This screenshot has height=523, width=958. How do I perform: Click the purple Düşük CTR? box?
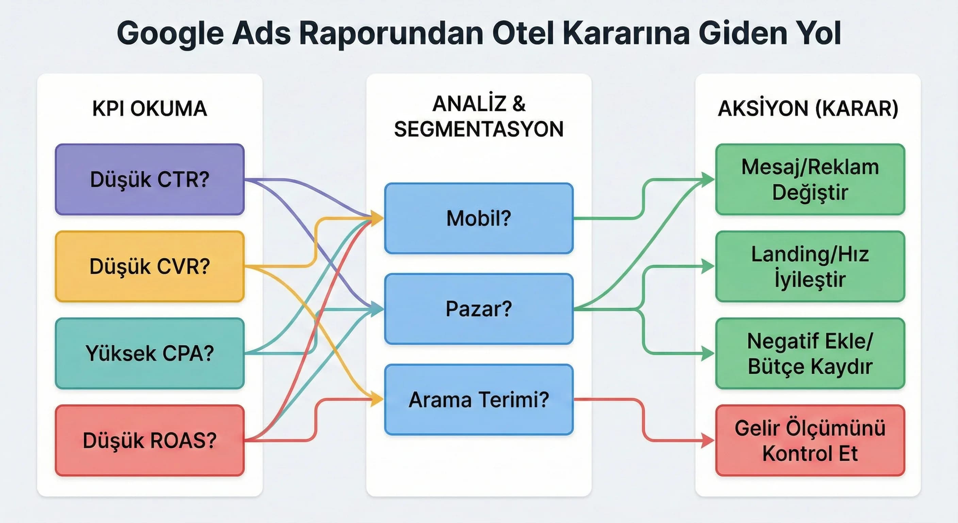[149, 179]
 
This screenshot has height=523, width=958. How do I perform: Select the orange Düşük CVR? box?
[149, 267]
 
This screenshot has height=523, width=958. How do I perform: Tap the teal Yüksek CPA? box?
[149, 353]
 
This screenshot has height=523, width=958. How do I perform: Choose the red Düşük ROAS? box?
[149, 440]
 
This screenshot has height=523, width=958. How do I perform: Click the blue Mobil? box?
[479, 219]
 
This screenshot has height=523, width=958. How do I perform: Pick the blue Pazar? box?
[479, 309]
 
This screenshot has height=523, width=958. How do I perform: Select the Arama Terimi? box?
[479, 400]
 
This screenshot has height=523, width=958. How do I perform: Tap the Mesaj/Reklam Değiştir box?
[810, 179]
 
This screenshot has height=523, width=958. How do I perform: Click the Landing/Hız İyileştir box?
[810, 267]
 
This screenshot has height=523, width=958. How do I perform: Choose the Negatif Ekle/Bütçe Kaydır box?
[810, 353]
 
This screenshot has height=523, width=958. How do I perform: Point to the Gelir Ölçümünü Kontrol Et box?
[810, 440]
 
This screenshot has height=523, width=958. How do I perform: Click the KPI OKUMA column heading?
[149, 109]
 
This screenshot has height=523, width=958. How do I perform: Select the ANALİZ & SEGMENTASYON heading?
[479, 116]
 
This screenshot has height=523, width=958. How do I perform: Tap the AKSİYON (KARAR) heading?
[808, 109]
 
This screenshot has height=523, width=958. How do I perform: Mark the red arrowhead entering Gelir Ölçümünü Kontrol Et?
[707, 440]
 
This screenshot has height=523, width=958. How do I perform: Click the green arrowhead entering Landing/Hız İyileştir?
[707, 267]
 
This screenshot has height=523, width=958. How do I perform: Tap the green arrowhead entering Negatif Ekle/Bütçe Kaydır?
[707, 353]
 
